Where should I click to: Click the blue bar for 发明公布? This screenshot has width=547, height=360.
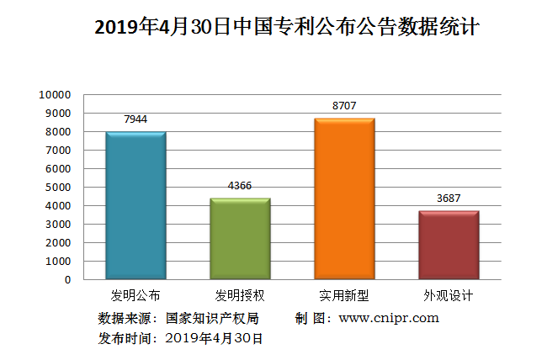pos(135,205)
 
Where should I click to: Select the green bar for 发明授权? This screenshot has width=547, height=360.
pos(240,239)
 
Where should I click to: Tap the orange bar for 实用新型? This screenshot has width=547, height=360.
pos(344,199)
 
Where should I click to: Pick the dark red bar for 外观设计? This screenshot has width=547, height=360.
pos(449,245)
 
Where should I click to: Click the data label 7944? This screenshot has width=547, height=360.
pos(135,119)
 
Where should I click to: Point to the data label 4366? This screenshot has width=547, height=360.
pos(240,186)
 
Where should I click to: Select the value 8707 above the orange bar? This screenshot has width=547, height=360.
pos(344,106)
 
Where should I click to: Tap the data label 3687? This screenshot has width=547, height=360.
pos(449,199)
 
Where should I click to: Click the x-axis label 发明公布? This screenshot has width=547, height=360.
pos(135,296)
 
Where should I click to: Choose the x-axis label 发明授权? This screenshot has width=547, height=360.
pos(240,296)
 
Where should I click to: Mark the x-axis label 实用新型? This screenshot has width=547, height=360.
pos(344,296)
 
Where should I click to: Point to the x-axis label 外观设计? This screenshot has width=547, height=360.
pos(449,296)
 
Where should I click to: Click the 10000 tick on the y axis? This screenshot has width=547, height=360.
pos(55,94)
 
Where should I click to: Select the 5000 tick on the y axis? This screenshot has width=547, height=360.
pos(57,187)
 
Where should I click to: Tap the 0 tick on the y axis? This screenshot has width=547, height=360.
pos(67,279)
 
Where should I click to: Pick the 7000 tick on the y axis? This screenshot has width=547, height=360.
pos(57,150)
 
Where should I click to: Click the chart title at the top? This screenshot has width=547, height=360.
pos(274,28)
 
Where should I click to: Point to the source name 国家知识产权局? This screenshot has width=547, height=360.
pos(212,318)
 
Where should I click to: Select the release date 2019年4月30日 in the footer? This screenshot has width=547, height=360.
pos(215,338)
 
